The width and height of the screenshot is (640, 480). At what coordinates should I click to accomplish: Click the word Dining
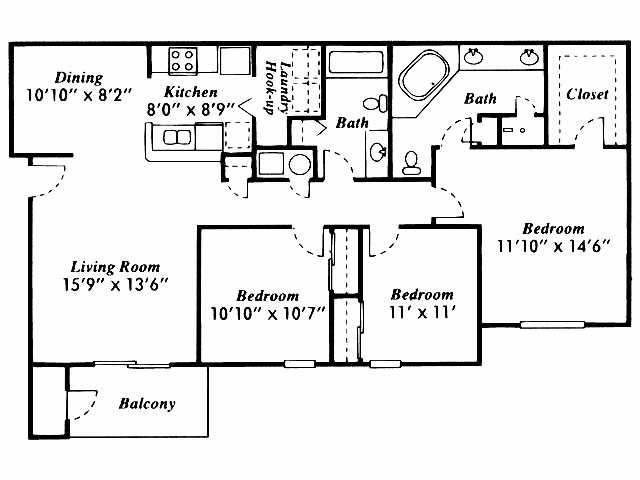coord(50,77)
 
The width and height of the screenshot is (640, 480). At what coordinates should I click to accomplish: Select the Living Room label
coord(115,267)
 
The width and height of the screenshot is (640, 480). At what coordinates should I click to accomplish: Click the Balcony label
coord(146,404)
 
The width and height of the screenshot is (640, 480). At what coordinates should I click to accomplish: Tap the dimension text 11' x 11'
coord(421,312)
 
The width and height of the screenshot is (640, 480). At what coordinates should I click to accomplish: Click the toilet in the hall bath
coord(375,102)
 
